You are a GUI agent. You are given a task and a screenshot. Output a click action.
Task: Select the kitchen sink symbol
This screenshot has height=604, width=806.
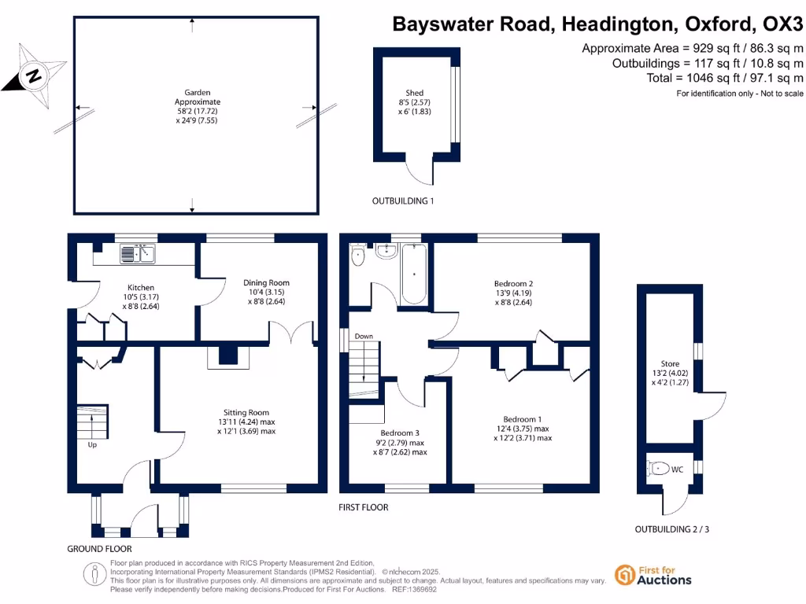coord(139,253)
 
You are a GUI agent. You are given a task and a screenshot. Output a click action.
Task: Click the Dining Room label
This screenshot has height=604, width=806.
coord(266,282)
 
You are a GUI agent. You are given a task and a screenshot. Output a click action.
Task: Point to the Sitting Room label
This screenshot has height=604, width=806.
coord(244,412)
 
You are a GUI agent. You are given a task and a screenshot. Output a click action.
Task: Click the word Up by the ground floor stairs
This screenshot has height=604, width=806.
coord(93,444)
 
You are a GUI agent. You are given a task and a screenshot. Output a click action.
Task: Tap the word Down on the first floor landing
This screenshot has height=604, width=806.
coord(364,337)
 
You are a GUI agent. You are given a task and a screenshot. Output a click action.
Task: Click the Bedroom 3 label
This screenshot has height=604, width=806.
coord(400,433)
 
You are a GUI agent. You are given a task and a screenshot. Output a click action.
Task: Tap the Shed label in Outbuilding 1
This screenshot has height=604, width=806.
coord(414,92)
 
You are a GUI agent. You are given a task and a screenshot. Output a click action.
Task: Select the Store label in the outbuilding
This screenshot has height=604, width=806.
coord(670,363)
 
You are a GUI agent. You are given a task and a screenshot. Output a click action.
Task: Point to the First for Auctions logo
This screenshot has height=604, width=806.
coord(653,575)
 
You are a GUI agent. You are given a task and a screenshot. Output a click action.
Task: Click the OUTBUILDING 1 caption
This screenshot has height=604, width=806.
coord(403,201)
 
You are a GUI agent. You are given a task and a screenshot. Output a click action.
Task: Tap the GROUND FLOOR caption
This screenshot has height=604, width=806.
coord(99,548)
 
